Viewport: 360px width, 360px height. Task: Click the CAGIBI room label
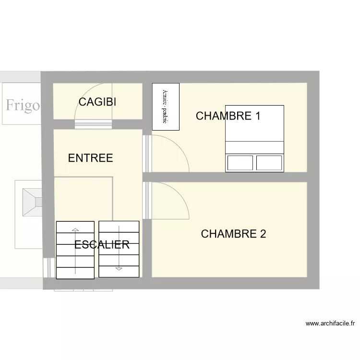pyautogui.click(x=97, y=102)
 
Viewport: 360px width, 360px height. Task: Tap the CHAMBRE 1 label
pyautogui.click(x=228, y=116)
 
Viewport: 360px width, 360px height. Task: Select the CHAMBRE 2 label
pyautogui.click(x=233, y=234)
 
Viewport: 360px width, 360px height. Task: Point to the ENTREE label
pyautogui.click(x=90, y=158)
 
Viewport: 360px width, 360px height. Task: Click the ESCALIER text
pyautogui.click(x=102, y=244)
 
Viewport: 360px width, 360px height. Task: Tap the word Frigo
pyautogui.click(x=23, y=105)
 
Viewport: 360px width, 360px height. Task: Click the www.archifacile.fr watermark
pyautogui.click(x=330, y=324)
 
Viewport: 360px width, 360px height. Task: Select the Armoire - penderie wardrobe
pyautogui.click(x=166, y=106)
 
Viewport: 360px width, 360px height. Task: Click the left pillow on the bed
pyautogui.click(x=240, y=163)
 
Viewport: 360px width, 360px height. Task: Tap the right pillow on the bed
pyautogui.click(x=269, y=163)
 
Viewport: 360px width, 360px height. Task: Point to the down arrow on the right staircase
pyautogui.click(x=119, y=266)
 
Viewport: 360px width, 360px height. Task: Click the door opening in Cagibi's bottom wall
pyautogui.click(x=94, y=125)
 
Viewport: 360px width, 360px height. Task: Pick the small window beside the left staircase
pyautogui.click(x=48, y=268)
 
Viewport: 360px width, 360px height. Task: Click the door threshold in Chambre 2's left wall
pyautogui.click(x=147, y=200)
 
